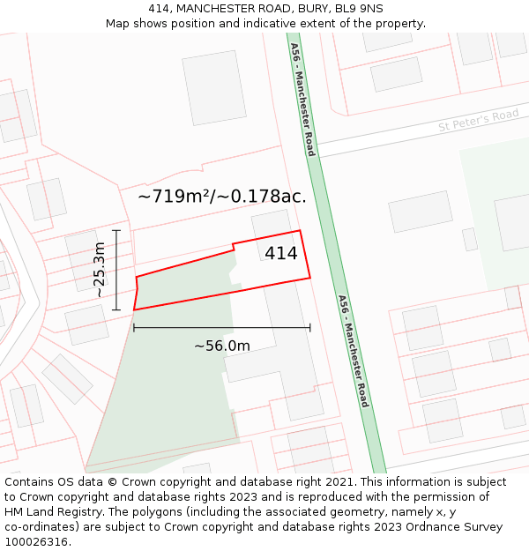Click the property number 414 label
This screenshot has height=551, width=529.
click(x=281, y=254)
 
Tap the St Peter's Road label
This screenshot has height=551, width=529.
click(x=479, y=121)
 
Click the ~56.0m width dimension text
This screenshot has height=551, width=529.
click(x=222, y=346)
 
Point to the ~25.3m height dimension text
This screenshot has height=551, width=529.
click(x=100, y=270)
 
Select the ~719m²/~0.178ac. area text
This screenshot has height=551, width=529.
click(x=222, y=197)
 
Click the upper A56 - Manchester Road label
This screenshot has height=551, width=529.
click(x=302, y=99)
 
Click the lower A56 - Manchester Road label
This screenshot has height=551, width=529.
click(x=353, y=351)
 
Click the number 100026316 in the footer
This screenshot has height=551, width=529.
click(x=37, y=542)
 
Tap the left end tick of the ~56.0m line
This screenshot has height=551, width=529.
click(x=134, y=328)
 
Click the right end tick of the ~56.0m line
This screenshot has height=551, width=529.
click(x=310, y=328)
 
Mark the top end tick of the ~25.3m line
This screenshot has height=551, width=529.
click(x=116, y=230)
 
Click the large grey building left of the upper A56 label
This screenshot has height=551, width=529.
click(x=214, y=87)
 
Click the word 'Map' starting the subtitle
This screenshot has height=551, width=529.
click(x=118, y=23)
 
